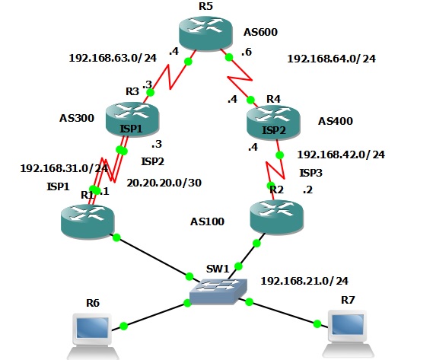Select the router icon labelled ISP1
132,119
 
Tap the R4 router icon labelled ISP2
273,122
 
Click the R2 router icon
277,217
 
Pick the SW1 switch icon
218,292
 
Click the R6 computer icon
93,336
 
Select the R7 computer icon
348,334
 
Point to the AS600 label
260,32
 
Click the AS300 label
77,118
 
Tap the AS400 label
336,121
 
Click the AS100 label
207,221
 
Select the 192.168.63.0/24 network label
113,58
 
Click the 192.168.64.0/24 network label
331,59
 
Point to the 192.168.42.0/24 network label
341,155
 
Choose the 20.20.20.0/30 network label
164,183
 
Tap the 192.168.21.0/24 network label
304,282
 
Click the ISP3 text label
311,174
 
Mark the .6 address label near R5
247,52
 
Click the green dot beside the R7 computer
317,323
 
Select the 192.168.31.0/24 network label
64,168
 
